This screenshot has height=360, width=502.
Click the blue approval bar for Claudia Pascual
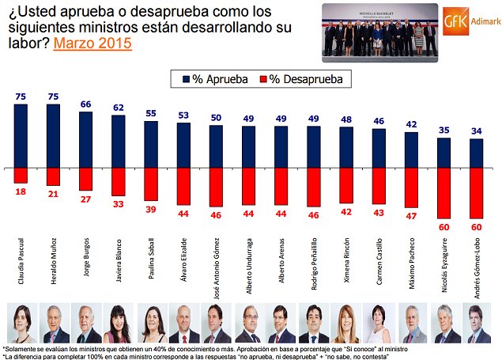click(x=21, y=135)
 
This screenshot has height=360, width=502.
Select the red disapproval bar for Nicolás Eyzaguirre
click(x=443, y=192)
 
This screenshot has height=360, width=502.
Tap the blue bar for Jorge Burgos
click(x=85, y=139)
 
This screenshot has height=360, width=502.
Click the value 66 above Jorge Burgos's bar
click(x=85, y=104)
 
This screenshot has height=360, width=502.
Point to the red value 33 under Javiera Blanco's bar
click(x=119, y=204)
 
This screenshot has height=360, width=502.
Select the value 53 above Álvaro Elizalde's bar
click(x=183, y=116)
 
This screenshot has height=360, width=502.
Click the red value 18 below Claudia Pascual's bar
click(x=21, y=191)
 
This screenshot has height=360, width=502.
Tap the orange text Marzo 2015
click(x=92, y=44)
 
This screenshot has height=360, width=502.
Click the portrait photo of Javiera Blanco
click(x=117, y=324)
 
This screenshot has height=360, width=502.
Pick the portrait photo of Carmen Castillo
click(x=378, y=324)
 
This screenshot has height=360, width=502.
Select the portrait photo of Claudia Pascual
click(x=20, y=324)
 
